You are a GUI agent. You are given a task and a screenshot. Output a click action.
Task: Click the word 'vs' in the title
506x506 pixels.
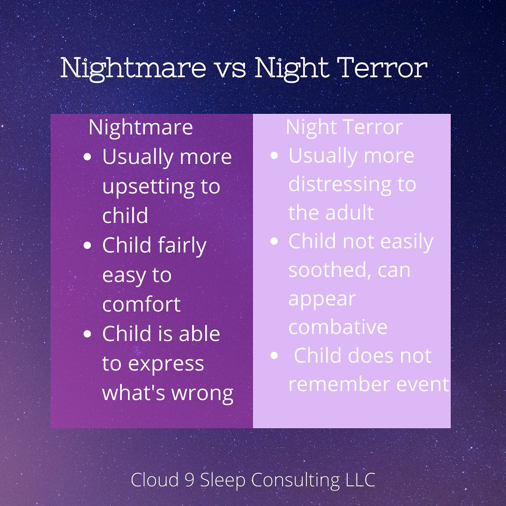point(231,69)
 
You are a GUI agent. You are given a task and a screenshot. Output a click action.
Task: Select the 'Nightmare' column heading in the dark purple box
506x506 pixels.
point(141,128)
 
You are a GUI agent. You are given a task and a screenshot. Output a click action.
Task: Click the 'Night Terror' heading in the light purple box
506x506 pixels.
point(344,128)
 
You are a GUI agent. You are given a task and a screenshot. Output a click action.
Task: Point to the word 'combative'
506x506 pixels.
point(338,327)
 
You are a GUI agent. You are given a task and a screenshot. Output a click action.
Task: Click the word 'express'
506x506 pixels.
point(166,365)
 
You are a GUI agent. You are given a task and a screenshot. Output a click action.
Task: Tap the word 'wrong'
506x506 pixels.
point(202,394)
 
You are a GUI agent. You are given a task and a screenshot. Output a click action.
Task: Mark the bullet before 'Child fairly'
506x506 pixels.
point(88,246)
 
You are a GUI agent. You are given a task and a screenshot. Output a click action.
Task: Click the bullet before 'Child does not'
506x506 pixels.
point(274,356)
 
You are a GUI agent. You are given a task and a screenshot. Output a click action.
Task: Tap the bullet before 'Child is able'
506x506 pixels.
point(88,334)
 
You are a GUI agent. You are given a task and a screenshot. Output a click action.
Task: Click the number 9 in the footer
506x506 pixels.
point(189,480)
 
